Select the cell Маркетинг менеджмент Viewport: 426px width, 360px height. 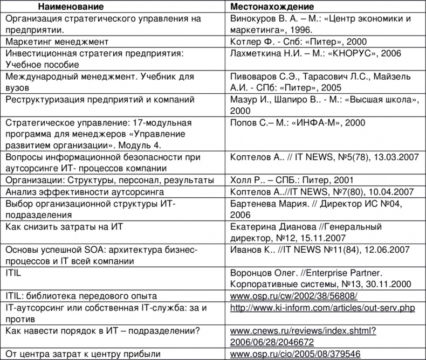pos(58,41)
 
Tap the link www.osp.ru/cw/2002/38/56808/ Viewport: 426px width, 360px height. pos(294,296)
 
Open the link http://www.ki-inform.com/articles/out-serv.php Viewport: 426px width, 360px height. pos(322,308)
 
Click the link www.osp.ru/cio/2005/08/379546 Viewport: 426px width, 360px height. pos(295,354)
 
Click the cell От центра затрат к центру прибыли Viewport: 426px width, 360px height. pos(84,354)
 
